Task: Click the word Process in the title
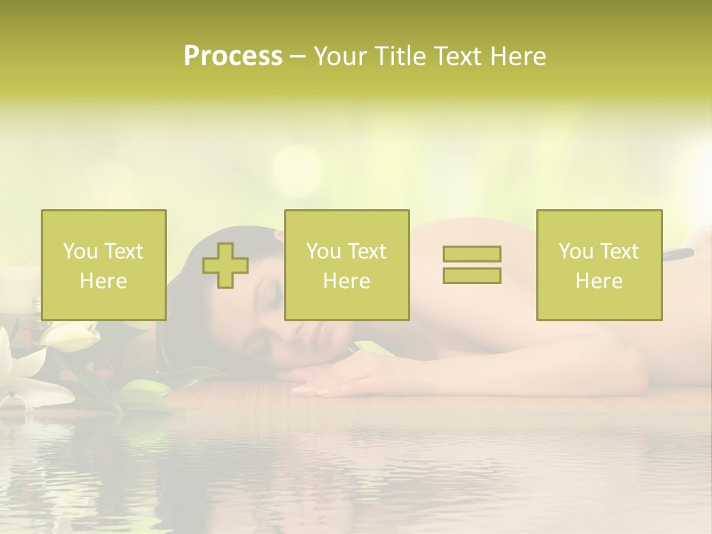click(x=233, y=56)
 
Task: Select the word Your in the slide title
click(x=340, y=56)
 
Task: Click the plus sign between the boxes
click(x=225, y=266)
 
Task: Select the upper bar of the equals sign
click(x=472, y=254)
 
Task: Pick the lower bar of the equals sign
click(x=472, y=276)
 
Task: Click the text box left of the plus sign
click(x=104, y=266)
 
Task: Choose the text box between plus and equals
click(x=346, y=266)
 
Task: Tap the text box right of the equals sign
click(x=599, y=266)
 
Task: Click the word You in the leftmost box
click(x=80, y=251)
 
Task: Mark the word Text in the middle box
click(x=366, y=251)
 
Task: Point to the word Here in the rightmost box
click(x=599, y=281)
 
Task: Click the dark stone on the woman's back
click(x=679, y=256)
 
